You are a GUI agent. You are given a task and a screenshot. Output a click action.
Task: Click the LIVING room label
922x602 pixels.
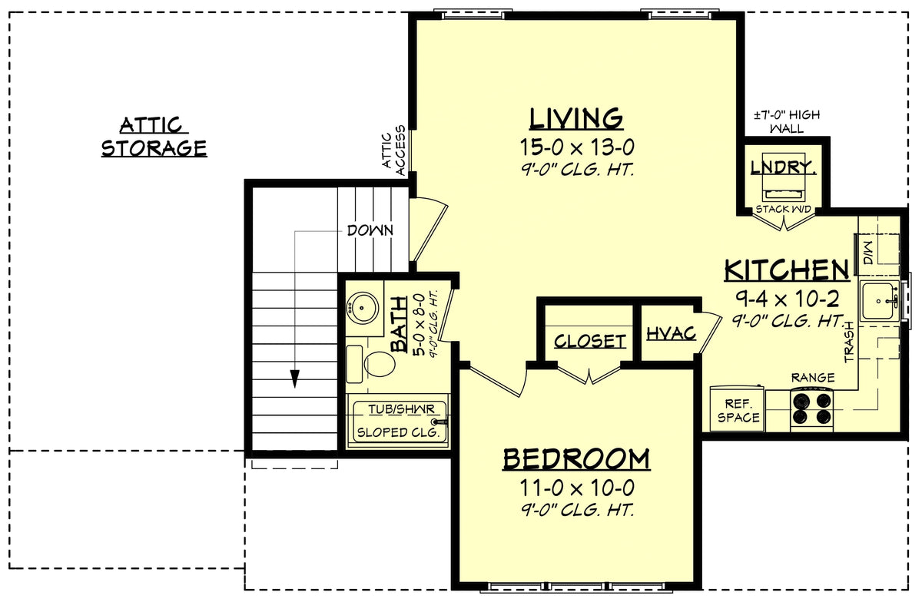575,119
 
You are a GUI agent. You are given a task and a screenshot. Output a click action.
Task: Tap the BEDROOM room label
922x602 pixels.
576,459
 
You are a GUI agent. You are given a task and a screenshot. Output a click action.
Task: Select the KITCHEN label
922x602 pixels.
787,270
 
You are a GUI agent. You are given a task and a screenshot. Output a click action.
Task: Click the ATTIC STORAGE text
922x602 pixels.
154,137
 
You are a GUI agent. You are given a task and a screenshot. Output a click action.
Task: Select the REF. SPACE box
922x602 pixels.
738,410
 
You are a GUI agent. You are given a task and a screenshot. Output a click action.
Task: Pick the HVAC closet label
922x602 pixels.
671,334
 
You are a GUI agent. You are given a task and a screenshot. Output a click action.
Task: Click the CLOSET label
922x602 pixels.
589,341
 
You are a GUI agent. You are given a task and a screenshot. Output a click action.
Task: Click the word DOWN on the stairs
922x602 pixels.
370,230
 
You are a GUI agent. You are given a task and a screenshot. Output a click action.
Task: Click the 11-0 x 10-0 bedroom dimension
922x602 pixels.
576,487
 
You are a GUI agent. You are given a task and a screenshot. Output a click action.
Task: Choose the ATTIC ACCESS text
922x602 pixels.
393,150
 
